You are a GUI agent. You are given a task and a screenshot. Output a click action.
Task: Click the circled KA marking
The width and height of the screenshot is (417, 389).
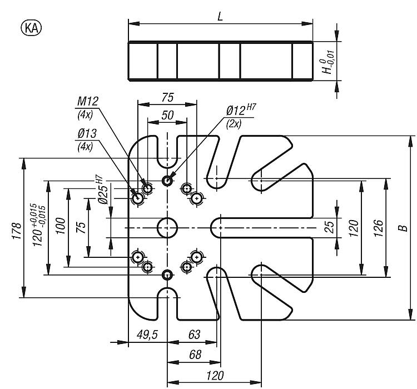pyautogui.click(x=32, y=27)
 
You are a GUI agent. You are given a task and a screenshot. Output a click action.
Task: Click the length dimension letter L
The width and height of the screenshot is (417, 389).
pyautogui.click(x=220, y=16)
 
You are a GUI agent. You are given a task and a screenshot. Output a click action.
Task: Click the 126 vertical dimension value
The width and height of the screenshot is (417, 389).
pyautogui.click(x=378, y=228)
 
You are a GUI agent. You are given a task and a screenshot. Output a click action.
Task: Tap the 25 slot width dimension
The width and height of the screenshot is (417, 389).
pyautogui.click(x=329, y=227)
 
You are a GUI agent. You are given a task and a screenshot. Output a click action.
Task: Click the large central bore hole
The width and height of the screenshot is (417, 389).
pyautogui.click(x=167, y=227)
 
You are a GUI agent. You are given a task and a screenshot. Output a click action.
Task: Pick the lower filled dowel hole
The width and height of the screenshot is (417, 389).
pyautogui.click(x=167, y=275)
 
